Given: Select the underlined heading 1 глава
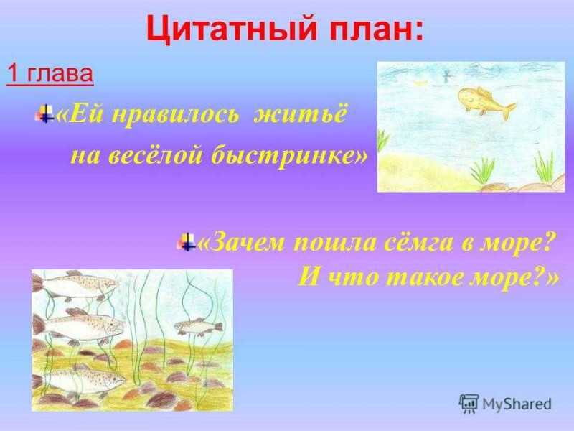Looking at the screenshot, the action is click(50, 74).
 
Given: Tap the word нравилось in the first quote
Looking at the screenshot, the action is click(175, 116).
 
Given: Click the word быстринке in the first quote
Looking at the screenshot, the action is click(289, 157).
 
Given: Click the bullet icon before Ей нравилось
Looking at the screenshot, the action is click(44, 113).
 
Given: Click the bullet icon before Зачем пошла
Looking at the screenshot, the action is click(187, 241).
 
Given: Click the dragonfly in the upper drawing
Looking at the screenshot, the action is click(447, 75).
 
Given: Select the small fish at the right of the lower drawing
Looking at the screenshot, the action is click(199, 326).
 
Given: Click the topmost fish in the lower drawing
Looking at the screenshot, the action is click(75, 284).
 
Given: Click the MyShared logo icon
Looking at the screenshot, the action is click(469, 404).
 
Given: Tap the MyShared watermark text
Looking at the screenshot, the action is click(517, 404).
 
